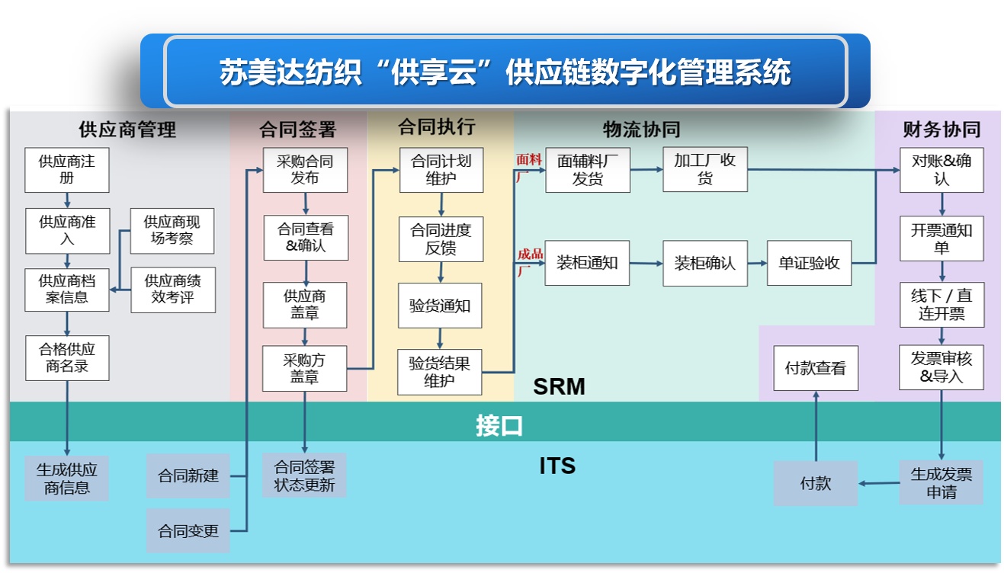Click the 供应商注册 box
67,169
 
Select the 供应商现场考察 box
172,231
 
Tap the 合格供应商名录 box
67,358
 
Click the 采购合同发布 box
305,169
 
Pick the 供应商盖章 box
305,304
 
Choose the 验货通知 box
440,306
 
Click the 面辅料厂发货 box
587,169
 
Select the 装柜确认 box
704,264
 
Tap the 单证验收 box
809,264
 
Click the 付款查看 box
815,368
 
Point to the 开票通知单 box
941,238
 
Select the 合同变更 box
188,531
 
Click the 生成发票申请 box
941,483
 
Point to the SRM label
559,387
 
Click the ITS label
557,466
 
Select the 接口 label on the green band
499,425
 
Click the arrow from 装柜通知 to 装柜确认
646,264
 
